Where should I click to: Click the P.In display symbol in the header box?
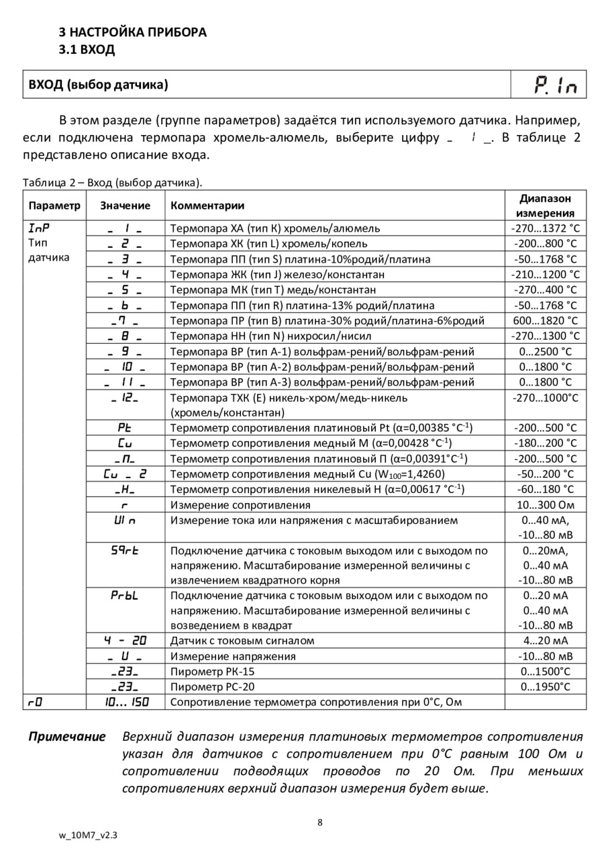tap(555, 85)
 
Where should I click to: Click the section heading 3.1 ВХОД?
tap(87, 49)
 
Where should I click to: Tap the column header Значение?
tap(125, 206)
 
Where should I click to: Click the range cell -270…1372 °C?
tap(544, 228)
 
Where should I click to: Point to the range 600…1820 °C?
tap(544, 320)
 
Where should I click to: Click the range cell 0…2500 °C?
tap(544, 351)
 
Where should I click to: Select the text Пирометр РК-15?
tap(213, 671)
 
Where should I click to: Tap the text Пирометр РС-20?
tap(213, 686)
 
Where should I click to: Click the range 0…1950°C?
tap(544, 686)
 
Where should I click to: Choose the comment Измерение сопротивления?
tap(240, 504)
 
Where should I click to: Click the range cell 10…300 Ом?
tap(544, 504)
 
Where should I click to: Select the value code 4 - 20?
tap(125, 640)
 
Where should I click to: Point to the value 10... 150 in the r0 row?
tap(125, 702)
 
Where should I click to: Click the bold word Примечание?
tap(67, 737)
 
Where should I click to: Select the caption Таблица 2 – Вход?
tap(112, 183)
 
